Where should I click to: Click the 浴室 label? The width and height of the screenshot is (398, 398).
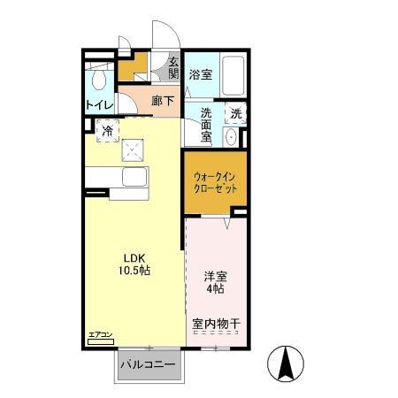[201, 75]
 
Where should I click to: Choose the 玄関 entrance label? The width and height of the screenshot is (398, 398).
[172, 68]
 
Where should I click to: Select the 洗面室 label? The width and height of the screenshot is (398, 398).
[206, 126]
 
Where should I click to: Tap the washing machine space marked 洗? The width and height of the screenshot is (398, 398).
[236, 113]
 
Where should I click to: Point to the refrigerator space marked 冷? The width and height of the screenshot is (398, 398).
[106, 131]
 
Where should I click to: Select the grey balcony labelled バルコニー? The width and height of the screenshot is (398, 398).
[146, 364]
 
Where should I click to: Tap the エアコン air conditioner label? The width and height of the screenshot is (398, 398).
[100, 334]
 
